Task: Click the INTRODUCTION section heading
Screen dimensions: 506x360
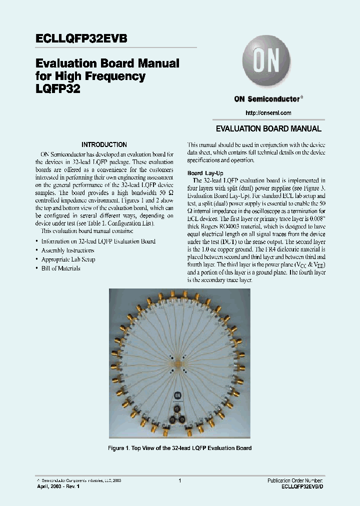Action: click(x=104, y=144)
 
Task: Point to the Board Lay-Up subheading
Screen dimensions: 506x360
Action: click(x=201, y=173)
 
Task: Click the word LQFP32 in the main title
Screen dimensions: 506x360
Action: click(x=57, y=88)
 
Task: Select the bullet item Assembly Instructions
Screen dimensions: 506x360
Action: click(x=67, y=250)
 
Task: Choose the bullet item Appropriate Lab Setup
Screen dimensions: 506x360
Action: click(x=68, y=259)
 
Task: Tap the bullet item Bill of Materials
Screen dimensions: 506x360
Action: click(x=60, y=268)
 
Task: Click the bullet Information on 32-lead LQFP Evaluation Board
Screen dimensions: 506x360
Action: click(x=98, y=241)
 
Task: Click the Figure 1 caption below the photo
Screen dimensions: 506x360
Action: click(x=179, y=448)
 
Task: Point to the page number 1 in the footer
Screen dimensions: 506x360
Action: click(x=179, y=480)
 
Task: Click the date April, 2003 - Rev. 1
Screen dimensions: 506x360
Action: click(x=58, y=486)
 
